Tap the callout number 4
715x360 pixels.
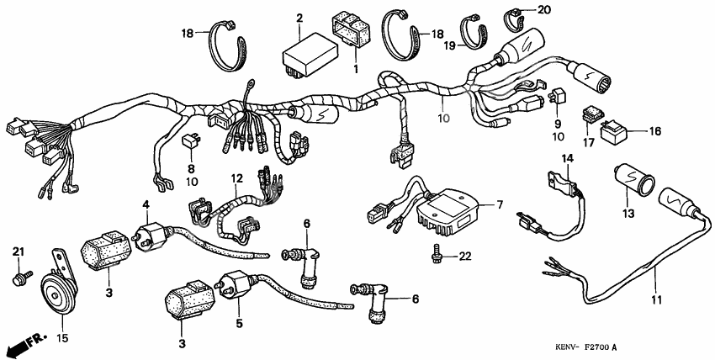pyautogui.click(x=146, y=204)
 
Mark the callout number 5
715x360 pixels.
pyautogui.click(x=240, y=322)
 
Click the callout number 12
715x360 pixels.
pyautogui.click(x=237, y=178)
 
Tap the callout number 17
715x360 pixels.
pyautogui.click(x=587, y=144)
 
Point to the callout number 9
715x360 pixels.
pyautogui.click(x=557, y=124)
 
